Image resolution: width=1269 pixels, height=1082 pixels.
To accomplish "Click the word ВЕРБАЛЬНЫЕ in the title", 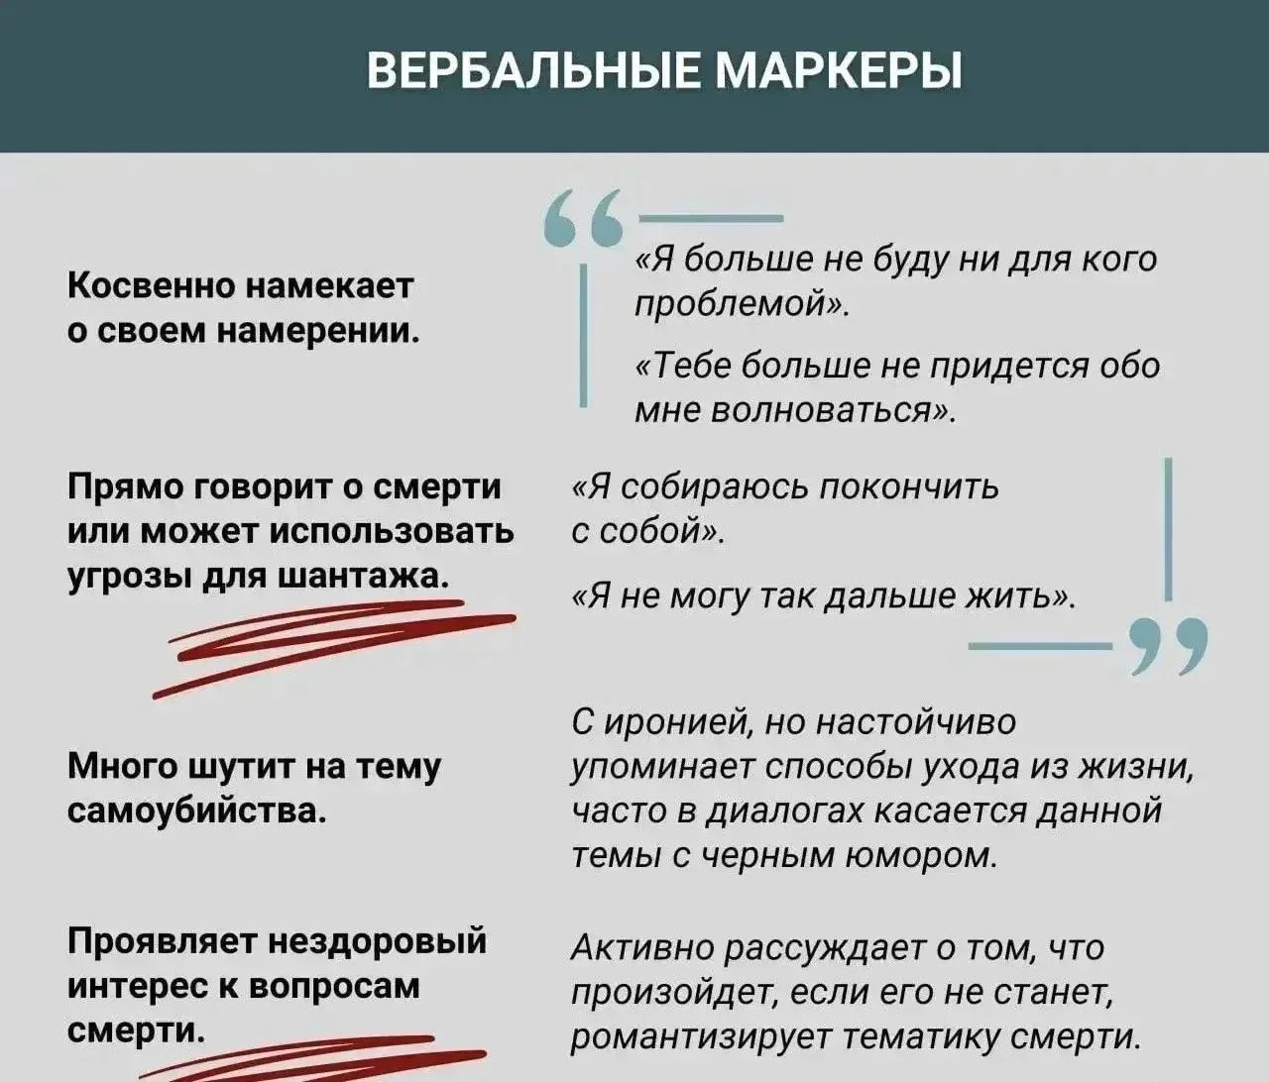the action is tap(532, 70).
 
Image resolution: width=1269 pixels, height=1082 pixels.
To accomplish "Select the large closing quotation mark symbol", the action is tap(1168, 646).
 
